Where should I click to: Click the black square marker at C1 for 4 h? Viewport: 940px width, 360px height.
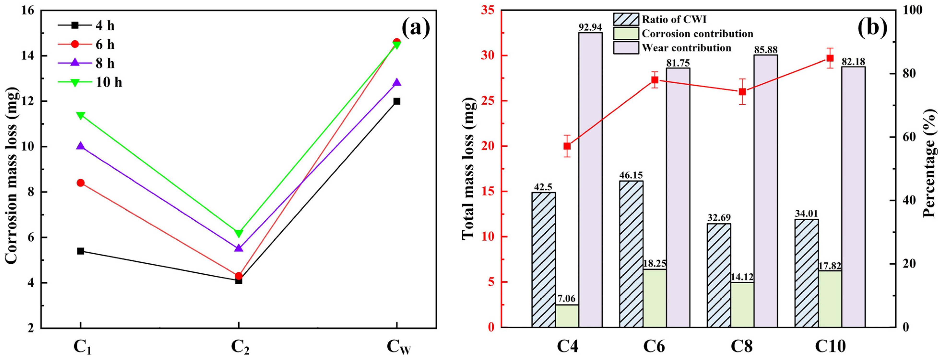coord(81,251)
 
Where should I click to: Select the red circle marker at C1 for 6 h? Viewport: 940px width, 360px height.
coord(81,183)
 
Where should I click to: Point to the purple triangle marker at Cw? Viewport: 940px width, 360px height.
coord(397,82)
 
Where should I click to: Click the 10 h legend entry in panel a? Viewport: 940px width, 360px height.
coord(109,82)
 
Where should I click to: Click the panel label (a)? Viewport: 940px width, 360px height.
coord(416,28)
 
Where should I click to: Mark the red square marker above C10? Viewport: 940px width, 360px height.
coord(830,58)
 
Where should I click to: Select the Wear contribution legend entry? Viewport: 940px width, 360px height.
coord(686,48)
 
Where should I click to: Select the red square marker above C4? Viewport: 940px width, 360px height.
coord(567,146)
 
